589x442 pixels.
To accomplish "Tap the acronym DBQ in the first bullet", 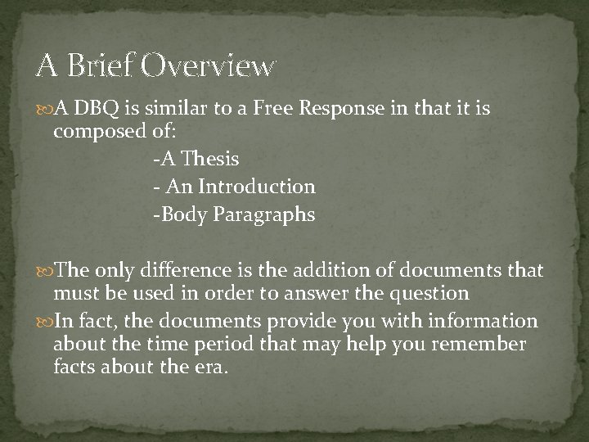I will [x=93, y=110].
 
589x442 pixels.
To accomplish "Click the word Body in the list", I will [x=183, y=215].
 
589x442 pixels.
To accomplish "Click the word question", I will [x=425, y=293].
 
